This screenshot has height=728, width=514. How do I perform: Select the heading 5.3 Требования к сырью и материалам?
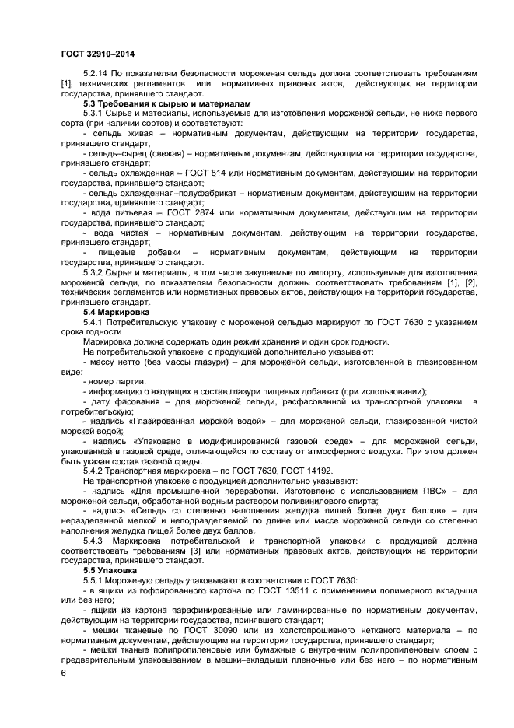146,103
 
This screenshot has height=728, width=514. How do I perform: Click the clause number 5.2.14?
95,73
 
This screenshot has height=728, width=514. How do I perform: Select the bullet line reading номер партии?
114,381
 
